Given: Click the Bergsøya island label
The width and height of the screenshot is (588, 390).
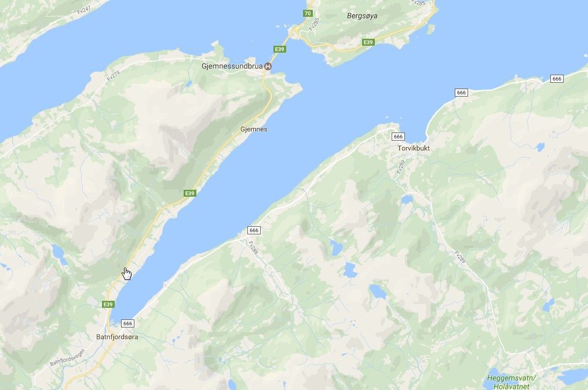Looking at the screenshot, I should (361, 16).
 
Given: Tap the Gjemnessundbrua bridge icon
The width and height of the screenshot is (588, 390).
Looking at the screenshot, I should (267, 67).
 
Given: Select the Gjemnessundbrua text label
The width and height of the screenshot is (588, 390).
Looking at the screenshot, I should (232, 67).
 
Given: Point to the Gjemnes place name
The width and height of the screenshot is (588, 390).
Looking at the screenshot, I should (254, 129).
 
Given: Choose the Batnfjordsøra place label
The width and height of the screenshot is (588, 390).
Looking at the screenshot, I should (117, 336).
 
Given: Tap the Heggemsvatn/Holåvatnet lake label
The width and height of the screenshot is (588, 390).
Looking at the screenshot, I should (512, 381).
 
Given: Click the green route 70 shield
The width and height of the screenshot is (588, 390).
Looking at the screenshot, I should (308, 13).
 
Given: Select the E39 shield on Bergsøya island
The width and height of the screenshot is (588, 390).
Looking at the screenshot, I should (367, 42).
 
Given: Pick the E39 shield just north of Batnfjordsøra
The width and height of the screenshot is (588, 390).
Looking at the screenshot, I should (108, 304).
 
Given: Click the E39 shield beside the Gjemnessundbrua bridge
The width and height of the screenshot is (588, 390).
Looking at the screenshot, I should (280, 49).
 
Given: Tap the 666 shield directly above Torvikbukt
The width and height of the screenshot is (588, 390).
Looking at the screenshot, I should (397, 136).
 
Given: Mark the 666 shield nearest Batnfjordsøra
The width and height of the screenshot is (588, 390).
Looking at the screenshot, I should (128, 323).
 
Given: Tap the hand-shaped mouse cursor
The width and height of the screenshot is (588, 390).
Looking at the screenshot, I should (127, 273).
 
